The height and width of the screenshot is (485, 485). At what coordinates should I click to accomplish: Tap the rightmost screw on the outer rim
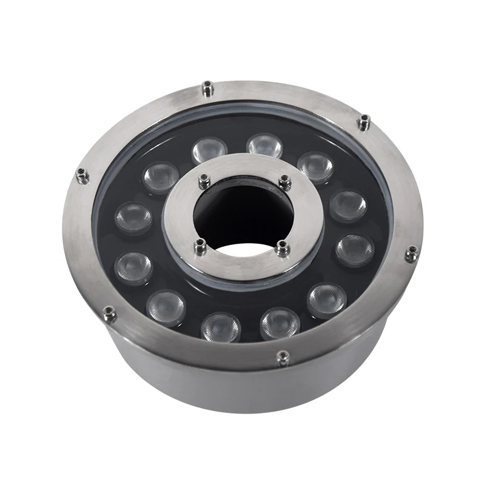[411, 253]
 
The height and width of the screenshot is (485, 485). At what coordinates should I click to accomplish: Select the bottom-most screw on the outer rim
[282, 358]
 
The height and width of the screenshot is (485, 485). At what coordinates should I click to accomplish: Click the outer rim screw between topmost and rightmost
[363, 123]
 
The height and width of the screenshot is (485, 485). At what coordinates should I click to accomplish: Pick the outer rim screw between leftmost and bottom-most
[109, 312]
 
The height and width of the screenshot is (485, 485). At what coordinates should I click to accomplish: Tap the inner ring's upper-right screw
[284, 180]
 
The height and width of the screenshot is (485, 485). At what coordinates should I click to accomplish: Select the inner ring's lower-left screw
[200, 245]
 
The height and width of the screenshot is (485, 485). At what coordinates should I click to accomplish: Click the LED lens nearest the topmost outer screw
[209, 152]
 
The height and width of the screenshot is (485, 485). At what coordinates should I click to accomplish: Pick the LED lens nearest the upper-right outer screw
[315, 166]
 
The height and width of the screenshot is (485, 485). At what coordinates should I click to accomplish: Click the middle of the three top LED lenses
[264, 146]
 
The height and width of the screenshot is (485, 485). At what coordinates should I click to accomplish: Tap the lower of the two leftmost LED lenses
[133, 267]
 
